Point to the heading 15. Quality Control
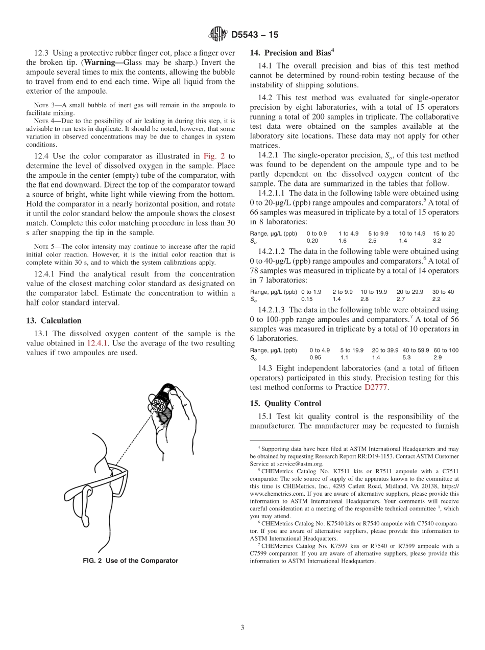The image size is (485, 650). click(285, 403)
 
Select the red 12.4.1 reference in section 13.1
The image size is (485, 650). click(97, 343)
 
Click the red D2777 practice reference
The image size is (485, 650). click(376, 387)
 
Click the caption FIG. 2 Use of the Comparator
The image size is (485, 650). click(131, 561)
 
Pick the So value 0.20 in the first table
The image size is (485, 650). click(312, 240)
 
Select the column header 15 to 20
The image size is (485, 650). click(444, 234)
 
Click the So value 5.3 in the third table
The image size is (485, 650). click(406, 357)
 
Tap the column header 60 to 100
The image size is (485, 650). click(446, 350)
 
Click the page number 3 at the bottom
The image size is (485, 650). click(243, 628)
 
